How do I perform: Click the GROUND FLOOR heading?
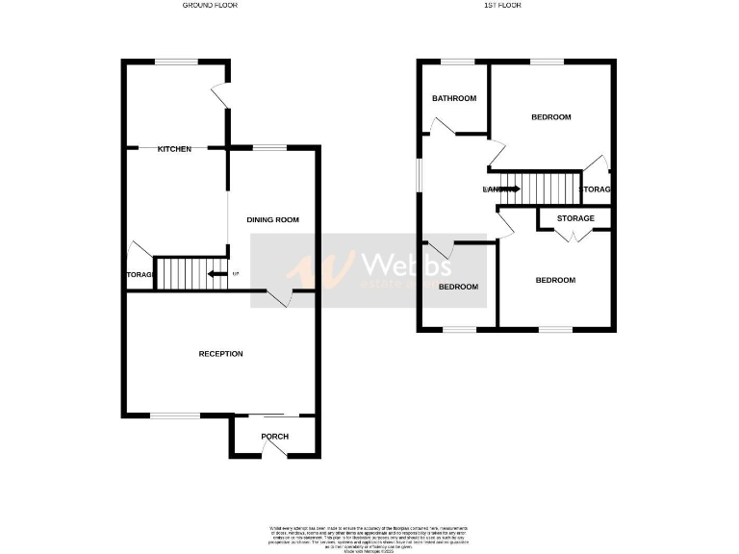click(210, 6)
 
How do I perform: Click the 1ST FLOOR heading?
click(501, 6)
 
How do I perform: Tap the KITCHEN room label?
click(174, 149)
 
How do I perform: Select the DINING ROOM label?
click(272, 220)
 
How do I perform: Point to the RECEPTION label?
click(220, 354)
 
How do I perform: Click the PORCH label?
click(275, 437)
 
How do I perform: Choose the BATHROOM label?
click(454, 98)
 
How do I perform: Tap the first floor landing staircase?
click(546, 189)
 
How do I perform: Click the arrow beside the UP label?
click(217, 274)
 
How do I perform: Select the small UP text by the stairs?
click(236, 274)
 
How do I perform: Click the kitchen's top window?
click(176, 63)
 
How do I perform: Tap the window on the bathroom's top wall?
click(458, 63)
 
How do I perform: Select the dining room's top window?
click(269, 147)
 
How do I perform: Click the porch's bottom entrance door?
click(275, 456)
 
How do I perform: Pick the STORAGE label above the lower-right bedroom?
click(575, 218)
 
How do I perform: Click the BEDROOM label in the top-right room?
click(551, 117)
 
